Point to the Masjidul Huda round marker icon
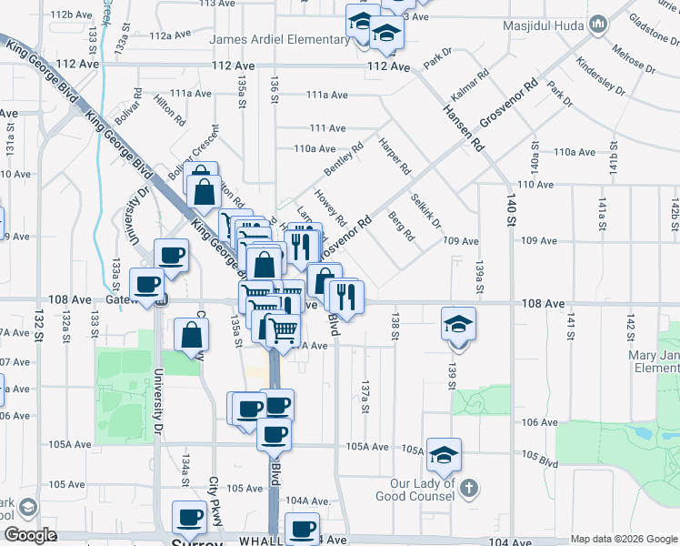pyautogui.click(x=598, y=23)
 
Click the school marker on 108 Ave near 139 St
pyautogui.click(x=458, y=323)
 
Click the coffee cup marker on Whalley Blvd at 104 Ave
pyautogui.click(x=302, y=528)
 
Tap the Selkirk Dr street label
pyautogui.click(x=425, y=211)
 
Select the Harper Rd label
pyautogui.click(x=395, y=157)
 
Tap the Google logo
pyautogui.click(x=31, y=535)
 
